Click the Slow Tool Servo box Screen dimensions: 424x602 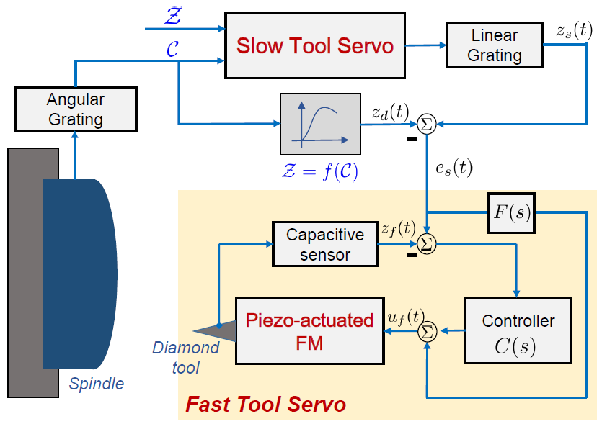tap(315, 45)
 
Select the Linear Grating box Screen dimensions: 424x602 tap(495, 45)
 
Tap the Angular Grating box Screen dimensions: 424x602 tap(76, 110)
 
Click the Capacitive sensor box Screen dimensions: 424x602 tap(325, 244)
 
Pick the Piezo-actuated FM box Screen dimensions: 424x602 tap(309, 331)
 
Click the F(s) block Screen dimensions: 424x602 tap(510, 213)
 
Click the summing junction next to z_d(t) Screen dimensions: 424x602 tap(427, 124)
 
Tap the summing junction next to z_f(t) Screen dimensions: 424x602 tap(427, 244)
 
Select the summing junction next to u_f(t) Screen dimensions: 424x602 tap(427, 331)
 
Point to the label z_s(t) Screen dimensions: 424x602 tap(574, 30)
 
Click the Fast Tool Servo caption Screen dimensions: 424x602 tap(265, 404)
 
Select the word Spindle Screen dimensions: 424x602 tap(96, 384)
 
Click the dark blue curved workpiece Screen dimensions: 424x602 tap(79, 274)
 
